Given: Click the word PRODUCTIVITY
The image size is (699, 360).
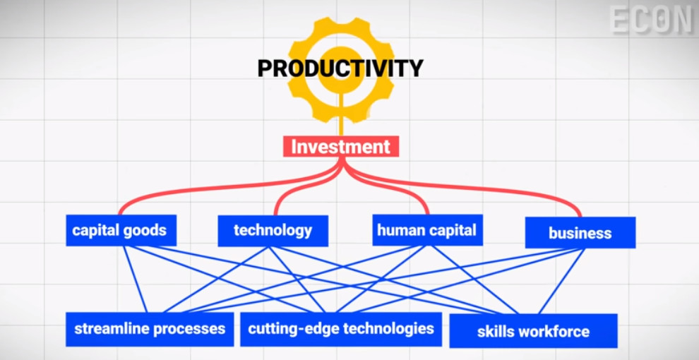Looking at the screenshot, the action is (x=340, y=68).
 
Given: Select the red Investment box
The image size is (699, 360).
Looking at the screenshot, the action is (x=340, y=147).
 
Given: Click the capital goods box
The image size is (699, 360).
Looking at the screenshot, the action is (x=121, y=230).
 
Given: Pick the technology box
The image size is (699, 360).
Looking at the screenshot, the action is (x=273, y=231).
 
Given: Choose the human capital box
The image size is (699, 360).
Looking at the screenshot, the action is (x=427, y=230).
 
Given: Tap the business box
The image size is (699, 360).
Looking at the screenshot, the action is (x=580, y=232).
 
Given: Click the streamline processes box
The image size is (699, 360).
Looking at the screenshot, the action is (x=150, y=329).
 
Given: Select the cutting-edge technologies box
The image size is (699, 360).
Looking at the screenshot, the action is (x=341, y=329).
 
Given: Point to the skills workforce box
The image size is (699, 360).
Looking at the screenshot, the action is (x=533, y=331).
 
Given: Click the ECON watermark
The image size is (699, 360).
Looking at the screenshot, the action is (x=651, y=20).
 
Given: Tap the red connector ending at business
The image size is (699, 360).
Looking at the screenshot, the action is (x=472, y=188).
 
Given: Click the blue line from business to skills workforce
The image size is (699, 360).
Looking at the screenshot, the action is (x=562, y=281).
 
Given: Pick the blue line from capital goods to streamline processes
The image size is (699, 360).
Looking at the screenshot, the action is (x=135, y=280).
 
